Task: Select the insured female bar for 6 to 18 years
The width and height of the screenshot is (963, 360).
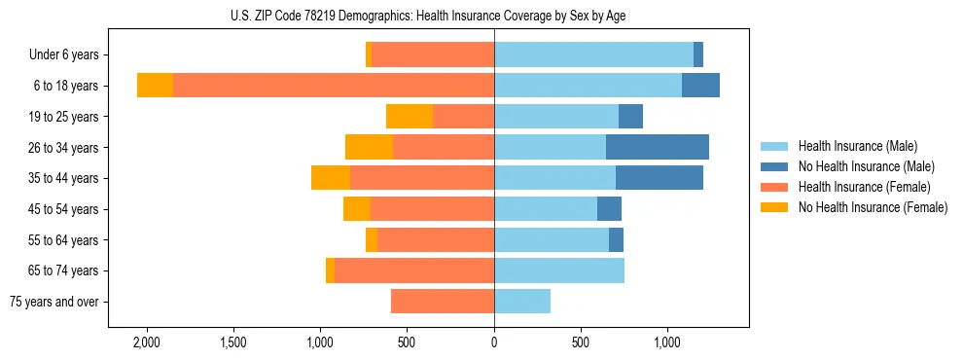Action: click(x=334, y=86)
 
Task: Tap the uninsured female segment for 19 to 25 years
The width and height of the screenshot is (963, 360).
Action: click(x=410, y=117)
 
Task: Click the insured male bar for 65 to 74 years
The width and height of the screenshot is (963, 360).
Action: click(x=559, y=270)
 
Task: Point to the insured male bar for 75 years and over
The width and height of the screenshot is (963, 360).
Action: click(x=522, y=302)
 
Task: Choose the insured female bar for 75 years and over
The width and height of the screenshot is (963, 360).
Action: click(x=443, y=302)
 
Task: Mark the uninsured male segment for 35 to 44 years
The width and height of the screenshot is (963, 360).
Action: click(x=660, y=178)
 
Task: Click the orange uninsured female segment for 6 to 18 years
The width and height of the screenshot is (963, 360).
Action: click(x=156, y=86)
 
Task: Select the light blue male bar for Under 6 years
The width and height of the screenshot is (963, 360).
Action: click(x=593, y=54)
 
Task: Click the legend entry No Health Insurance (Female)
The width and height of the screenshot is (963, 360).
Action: click(x=872, y=207)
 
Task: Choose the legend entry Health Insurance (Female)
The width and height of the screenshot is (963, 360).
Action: click(x=863, y=187)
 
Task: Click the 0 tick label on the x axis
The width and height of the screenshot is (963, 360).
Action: click(x=494, y=343)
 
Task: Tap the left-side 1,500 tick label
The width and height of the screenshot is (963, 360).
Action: click(x=233, y=343)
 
